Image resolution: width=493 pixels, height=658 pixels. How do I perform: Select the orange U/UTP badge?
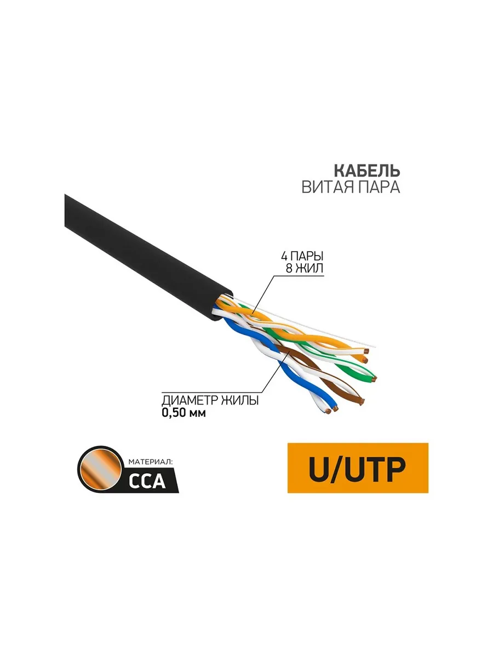point(358,467)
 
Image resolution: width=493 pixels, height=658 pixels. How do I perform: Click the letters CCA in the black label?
point(146,480)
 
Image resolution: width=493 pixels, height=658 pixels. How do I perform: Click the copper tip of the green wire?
point(374,379)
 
